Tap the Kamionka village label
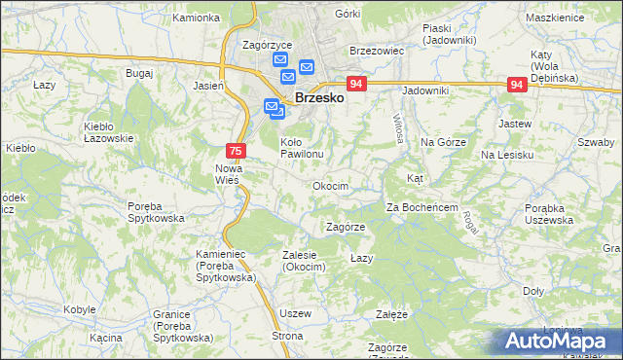(x=196, y=18)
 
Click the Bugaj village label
(x=139, y=74)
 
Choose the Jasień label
(x=208, y=86)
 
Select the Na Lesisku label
(x=506, y=155)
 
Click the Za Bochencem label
(x=422, y=207)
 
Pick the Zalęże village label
(x=391, y=314)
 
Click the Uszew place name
(x=295, y=313)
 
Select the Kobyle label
(x=80, y=309)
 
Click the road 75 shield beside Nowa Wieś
(x=235, y=151)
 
